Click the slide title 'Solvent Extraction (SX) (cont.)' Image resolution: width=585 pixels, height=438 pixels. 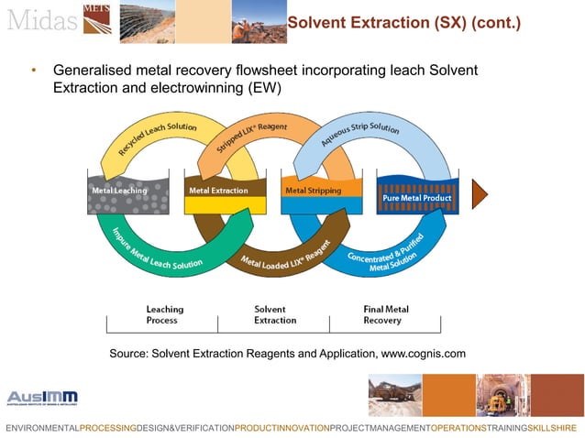(403, 22)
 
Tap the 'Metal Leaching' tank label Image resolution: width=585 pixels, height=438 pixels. (119, 191)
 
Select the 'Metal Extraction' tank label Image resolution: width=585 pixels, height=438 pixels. (218, 191)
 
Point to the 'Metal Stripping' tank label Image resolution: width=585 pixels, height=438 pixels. (313, 191)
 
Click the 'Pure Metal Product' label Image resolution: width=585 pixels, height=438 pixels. (417, 198)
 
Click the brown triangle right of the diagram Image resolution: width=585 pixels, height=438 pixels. (480, 193)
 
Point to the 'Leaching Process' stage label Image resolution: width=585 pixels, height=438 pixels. (164, 315)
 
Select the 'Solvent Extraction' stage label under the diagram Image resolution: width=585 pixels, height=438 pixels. (275, 315)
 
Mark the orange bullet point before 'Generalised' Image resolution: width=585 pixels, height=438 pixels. (33, 71)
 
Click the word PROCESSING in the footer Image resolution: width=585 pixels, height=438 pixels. (107, 428)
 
